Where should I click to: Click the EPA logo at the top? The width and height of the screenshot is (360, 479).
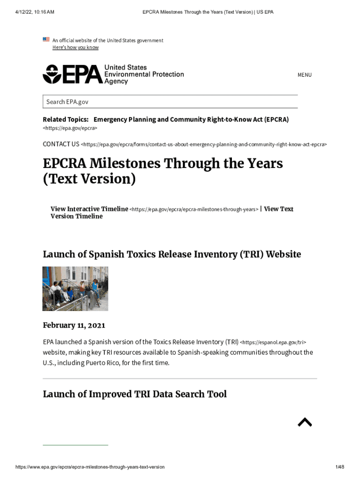(113, 74)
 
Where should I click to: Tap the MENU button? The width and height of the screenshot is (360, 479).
(304, 75)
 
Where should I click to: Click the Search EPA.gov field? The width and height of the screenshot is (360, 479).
(170, 102)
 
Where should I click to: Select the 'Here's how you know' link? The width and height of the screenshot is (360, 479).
(75, 47)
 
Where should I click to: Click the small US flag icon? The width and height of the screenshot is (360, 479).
(46, 39)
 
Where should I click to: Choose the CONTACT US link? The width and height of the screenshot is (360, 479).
(61, 144)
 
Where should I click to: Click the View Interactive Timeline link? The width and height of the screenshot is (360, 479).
(89, 209)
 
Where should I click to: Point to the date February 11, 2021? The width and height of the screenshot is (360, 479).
(74, 325)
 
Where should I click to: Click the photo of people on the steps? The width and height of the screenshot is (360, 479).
(75, 289)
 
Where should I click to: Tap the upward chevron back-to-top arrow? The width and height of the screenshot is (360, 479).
(305, 422)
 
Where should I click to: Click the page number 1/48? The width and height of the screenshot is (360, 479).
(339, 467)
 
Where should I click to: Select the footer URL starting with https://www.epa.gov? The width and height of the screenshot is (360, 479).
(90, 467)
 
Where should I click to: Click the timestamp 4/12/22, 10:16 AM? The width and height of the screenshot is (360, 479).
(35, 12)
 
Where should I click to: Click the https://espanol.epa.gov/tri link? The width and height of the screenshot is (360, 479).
(273, 342)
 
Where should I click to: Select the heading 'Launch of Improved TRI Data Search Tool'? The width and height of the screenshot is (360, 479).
(135, 394)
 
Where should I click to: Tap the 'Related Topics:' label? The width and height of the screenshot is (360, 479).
(65, 119)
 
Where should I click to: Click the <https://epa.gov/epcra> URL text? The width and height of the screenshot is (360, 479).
(70, 128)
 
